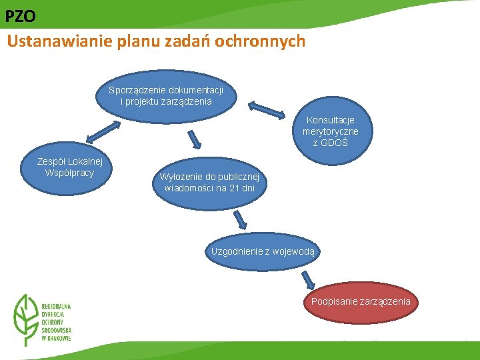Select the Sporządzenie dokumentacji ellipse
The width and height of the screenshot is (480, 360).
(x=166, y=97)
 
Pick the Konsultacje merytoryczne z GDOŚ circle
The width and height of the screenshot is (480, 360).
(x=330, y=131)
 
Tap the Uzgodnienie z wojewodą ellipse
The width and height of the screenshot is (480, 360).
(x=265, y=252)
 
